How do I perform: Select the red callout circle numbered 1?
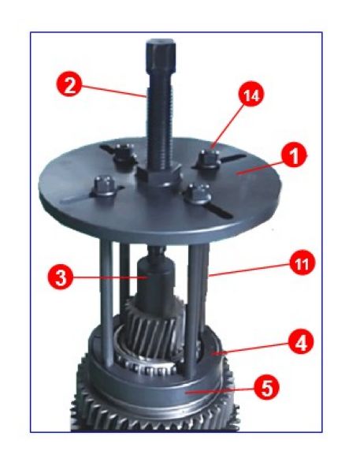click(x=293, y=156)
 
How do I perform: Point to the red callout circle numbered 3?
click(x=61, y=277)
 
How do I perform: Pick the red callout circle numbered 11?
click(x=302, y=263)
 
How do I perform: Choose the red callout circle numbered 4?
click(x=301, y=342)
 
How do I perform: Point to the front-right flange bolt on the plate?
click(x=199, y=194)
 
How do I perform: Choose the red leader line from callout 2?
click(x=113, y=91)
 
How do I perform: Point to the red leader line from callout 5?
click(x=220, y=390)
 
